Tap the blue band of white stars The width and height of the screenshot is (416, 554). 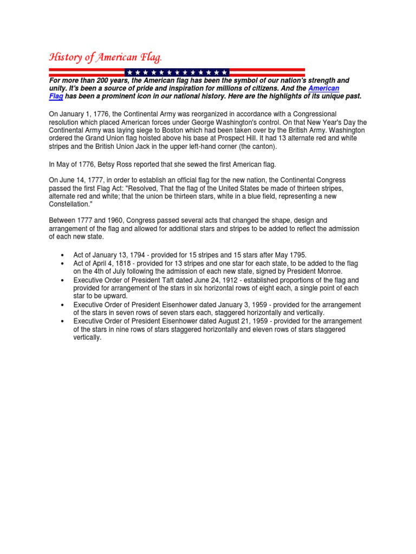click(x=177, y=72)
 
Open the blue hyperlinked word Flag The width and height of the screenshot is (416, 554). click(x=56, y=96)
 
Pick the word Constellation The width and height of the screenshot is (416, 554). click(x=70, y=205)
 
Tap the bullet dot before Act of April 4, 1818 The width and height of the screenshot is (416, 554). click(x=64, y=263)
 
